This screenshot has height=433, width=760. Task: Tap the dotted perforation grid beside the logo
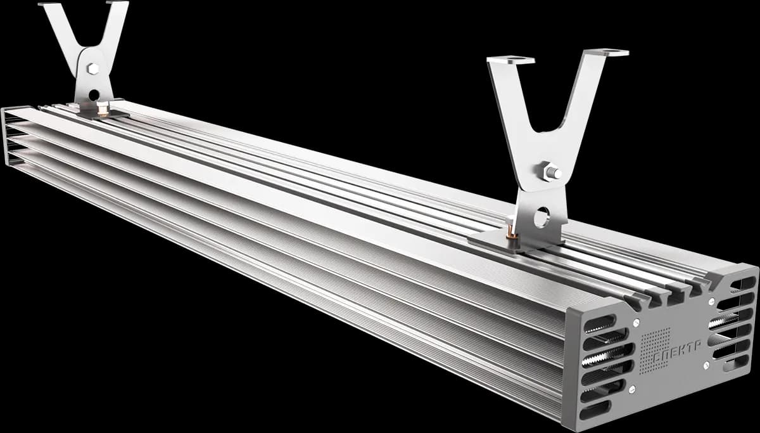click(x=655, y=351)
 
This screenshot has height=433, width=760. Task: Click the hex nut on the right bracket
click(x=551, y=172)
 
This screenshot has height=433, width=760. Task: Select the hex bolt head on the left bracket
click(x=92, y=68)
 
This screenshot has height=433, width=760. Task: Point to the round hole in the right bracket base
click(x=542, y=217)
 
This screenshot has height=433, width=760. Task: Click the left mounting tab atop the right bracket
click(x=510, y=60)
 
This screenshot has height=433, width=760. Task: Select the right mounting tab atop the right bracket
click(x=607, y=53)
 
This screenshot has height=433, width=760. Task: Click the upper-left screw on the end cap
click(x=636, y=322)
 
